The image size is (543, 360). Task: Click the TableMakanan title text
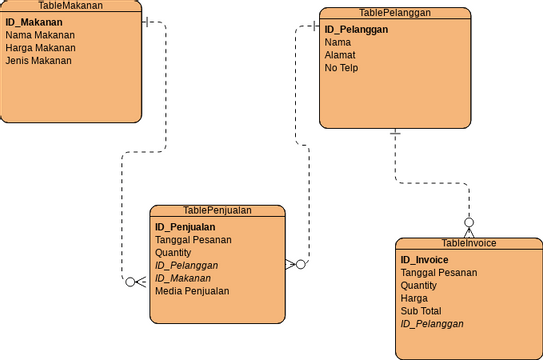[x=70, y=6]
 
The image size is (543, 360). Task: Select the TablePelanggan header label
[x=394, y=13]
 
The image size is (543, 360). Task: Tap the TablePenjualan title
[x=217, y=210]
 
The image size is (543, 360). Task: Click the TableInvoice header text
[x=468, y=243]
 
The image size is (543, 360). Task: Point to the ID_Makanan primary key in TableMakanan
[x=34, y=21]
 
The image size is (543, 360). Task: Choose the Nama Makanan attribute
[x=40, y=34]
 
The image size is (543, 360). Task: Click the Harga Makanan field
[x=40, y=47]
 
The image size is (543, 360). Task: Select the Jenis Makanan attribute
[x=38, y=60]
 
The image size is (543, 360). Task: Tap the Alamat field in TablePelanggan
[x=340, y=55]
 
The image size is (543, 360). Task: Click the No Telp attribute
[x=341, y=68]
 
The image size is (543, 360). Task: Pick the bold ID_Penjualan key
[x=187, y=227]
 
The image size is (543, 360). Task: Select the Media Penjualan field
[x=192, y=291]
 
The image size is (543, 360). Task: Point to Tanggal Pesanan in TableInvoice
[x=438, y=272]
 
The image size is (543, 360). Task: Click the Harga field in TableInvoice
[x=414, y=298]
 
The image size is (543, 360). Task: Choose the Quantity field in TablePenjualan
[x=173, y=253]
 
